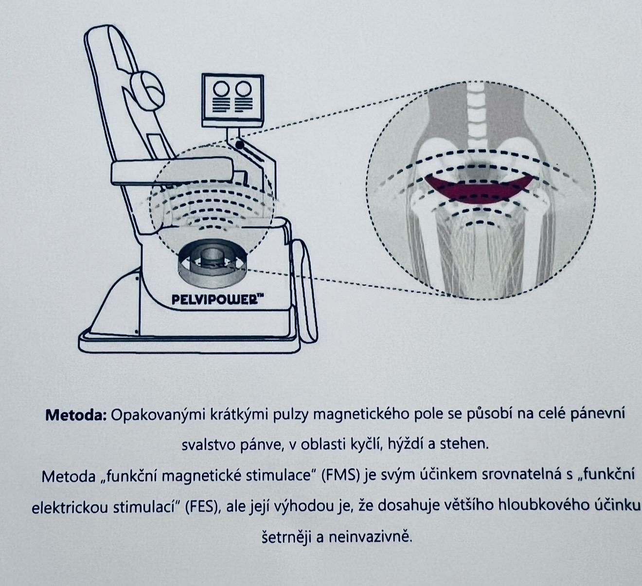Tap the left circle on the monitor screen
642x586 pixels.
coord(221,89)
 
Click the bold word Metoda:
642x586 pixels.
coord(76,415)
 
